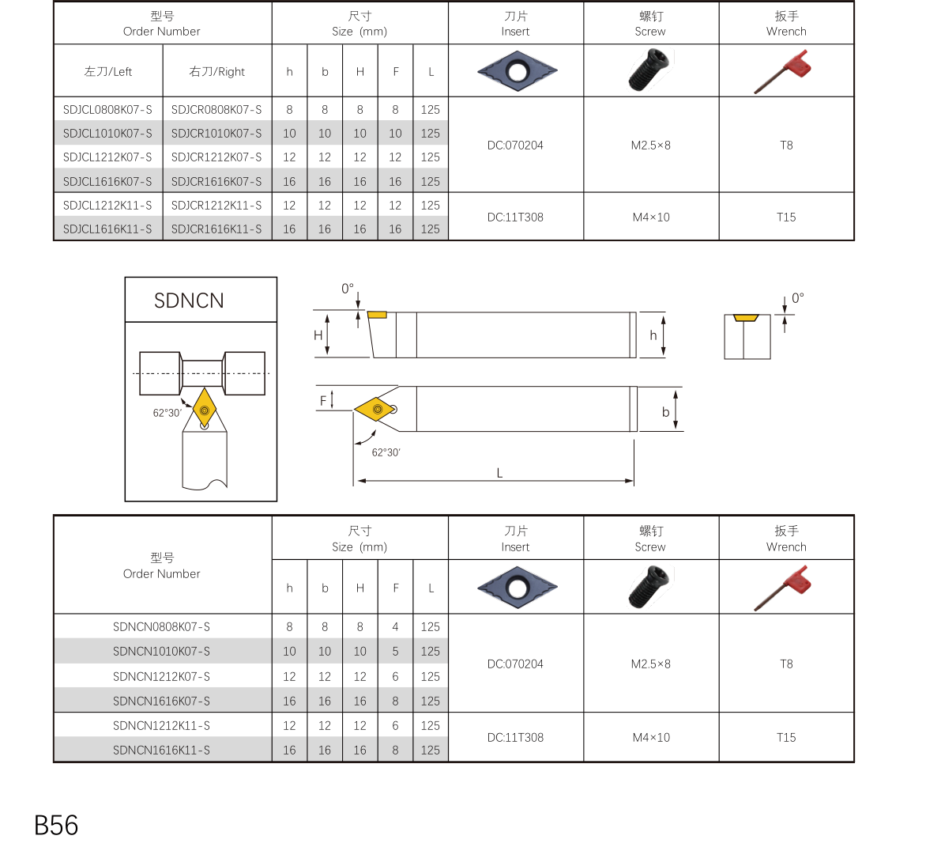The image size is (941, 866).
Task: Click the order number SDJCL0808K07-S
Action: [x=107, y=110]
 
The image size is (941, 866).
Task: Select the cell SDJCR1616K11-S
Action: [x=216, y=229]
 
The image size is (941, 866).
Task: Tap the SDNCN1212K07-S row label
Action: [x=161, y=677]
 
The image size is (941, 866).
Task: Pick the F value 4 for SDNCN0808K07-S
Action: [x=395, y=627]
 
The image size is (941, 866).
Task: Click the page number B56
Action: [x=56, y=826]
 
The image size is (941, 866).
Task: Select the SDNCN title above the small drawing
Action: [x=189, y=301]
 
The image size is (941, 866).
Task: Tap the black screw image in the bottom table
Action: [x=649, y=587]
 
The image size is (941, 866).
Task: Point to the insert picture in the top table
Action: [x=517, y=71]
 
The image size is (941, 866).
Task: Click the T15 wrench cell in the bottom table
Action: [x=786, y=738]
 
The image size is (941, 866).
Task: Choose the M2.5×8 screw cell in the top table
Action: [x=650, y=146]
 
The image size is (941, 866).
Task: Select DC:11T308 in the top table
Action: [x=515, y=217]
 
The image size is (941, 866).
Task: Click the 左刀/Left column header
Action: [x=108, y=72]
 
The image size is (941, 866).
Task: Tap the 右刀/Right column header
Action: [x=217, y=72]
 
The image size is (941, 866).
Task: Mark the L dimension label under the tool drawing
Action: [x=499, y=473]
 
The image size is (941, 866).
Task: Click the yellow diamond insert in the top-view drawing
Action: [x=375, y=410]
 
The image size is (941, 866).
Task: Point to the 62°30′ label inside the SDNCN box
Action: [x=167, y=413]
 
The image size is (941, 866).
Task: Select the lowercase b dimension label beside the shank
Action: [x=665, y=412]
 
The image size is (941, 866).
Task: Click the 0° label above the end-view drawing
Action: [x=798, y=298]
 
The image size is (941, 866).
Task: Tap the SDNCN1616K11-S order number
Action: [x=161, y=751]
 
